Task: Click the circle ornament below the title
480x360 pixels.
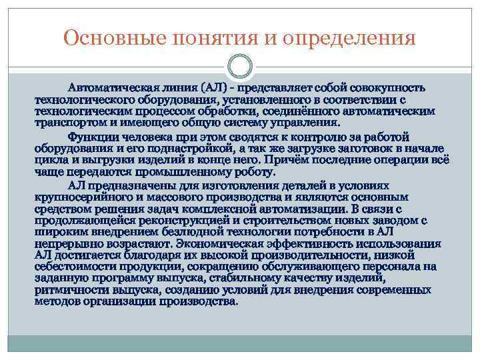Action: (240, 68)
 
